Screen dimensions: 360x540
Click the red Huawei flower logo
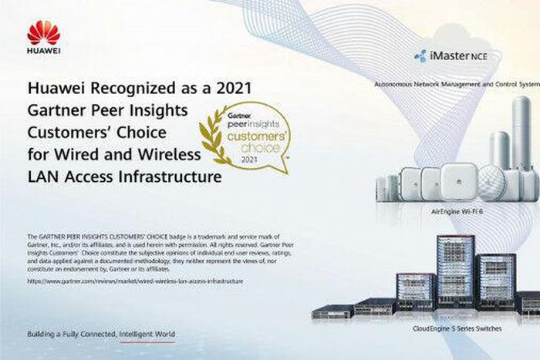[43, 33]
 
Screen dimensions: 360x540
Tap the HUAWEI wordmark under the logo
[43, 52]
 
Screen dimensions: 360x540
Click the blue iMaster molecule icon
[421, 56]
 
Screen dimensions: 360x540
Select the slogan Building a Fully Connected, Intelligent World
[100, 334]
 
